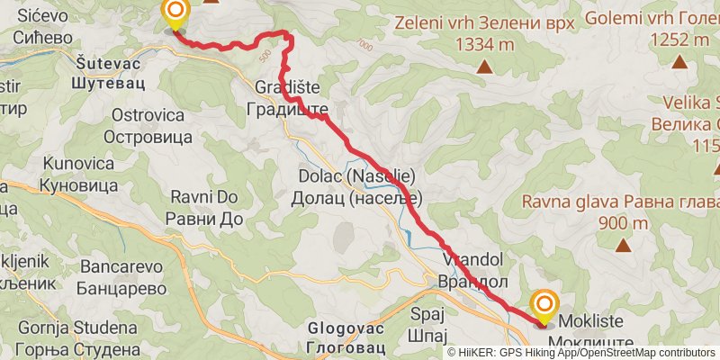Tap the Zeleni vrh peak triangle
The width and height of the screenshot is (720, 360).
pos(484,66)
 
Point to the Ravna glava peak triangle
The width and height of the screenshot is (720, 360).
pos(624,244)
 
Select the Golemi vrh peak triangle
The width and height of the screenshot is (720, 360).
pos(679,61)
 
